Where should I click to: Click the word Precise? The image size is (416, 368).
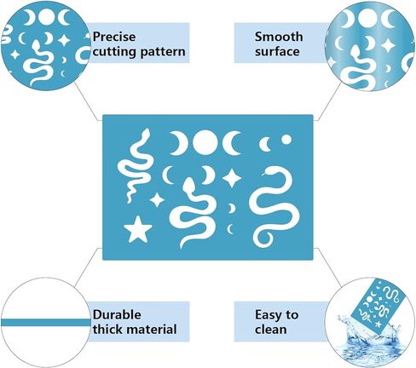[x=114, y=37]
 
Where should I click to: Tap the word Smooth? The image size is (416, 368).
[x=279, y=37]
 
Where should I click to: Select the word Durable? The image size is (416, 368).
[x=117, y=314]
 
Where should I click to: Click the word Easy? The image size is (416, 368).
[x=267, y=315]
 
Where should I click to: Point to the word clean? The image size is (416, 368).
[x=271, y=330]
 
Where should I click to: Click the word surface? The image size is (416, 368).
[x=277, y=52]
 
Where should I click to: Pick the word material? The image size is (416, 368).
[x=152, y=330]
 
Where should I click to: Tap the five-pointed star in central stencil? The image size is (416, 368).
[x=138, y=229]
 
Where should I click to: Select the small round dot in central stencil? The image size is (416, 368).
[x=286, y=140]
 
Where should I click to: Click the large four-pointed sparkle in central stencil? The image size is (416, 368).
[x=232, y=178]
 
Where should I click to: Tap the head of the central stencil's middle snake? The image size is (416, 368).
[x=188, y=185]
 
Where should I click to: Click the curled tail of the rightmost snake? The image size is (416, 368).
[x=263, y=238]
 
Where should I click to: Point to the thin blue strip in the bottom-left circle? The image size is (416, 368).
[x=45, y=323]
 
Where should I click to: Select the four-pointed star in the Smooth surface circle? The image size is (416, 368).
[x=388, y=45]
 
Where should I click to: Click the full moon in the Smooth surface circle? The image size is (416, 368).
[x=367, y=19]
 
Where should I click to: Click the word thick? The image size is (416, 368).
[x=108, y=330]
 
